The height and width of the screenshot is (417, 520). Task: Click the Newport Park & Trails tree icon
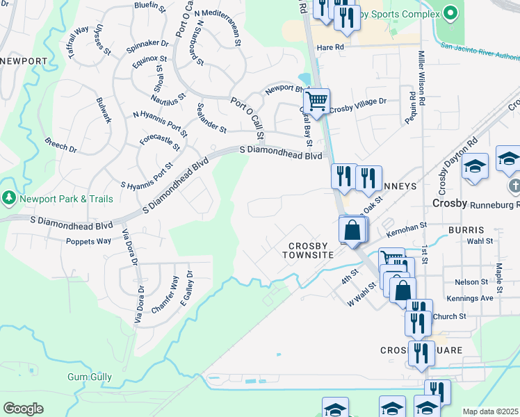click(9, 199)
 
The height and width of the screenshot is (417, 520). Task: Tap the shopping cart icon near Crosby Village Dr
click(316, 101)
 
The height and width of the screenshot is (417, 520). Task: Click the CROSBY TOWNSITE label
click(308, 250)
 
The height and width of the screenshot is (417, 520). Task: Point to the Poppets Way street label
click(88, 241)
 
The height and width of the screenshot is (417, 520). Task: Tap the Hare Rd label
click(330, 47)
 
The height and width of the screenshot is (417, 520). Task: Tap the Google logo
click(23, 409)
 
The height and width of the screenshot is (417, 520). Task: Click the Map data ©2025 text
click(490, 411)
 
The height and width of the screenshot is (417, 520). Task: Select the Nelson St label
click(471, 281)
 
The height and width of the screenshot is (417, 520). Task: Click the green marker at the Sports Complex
click(450, 13)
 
